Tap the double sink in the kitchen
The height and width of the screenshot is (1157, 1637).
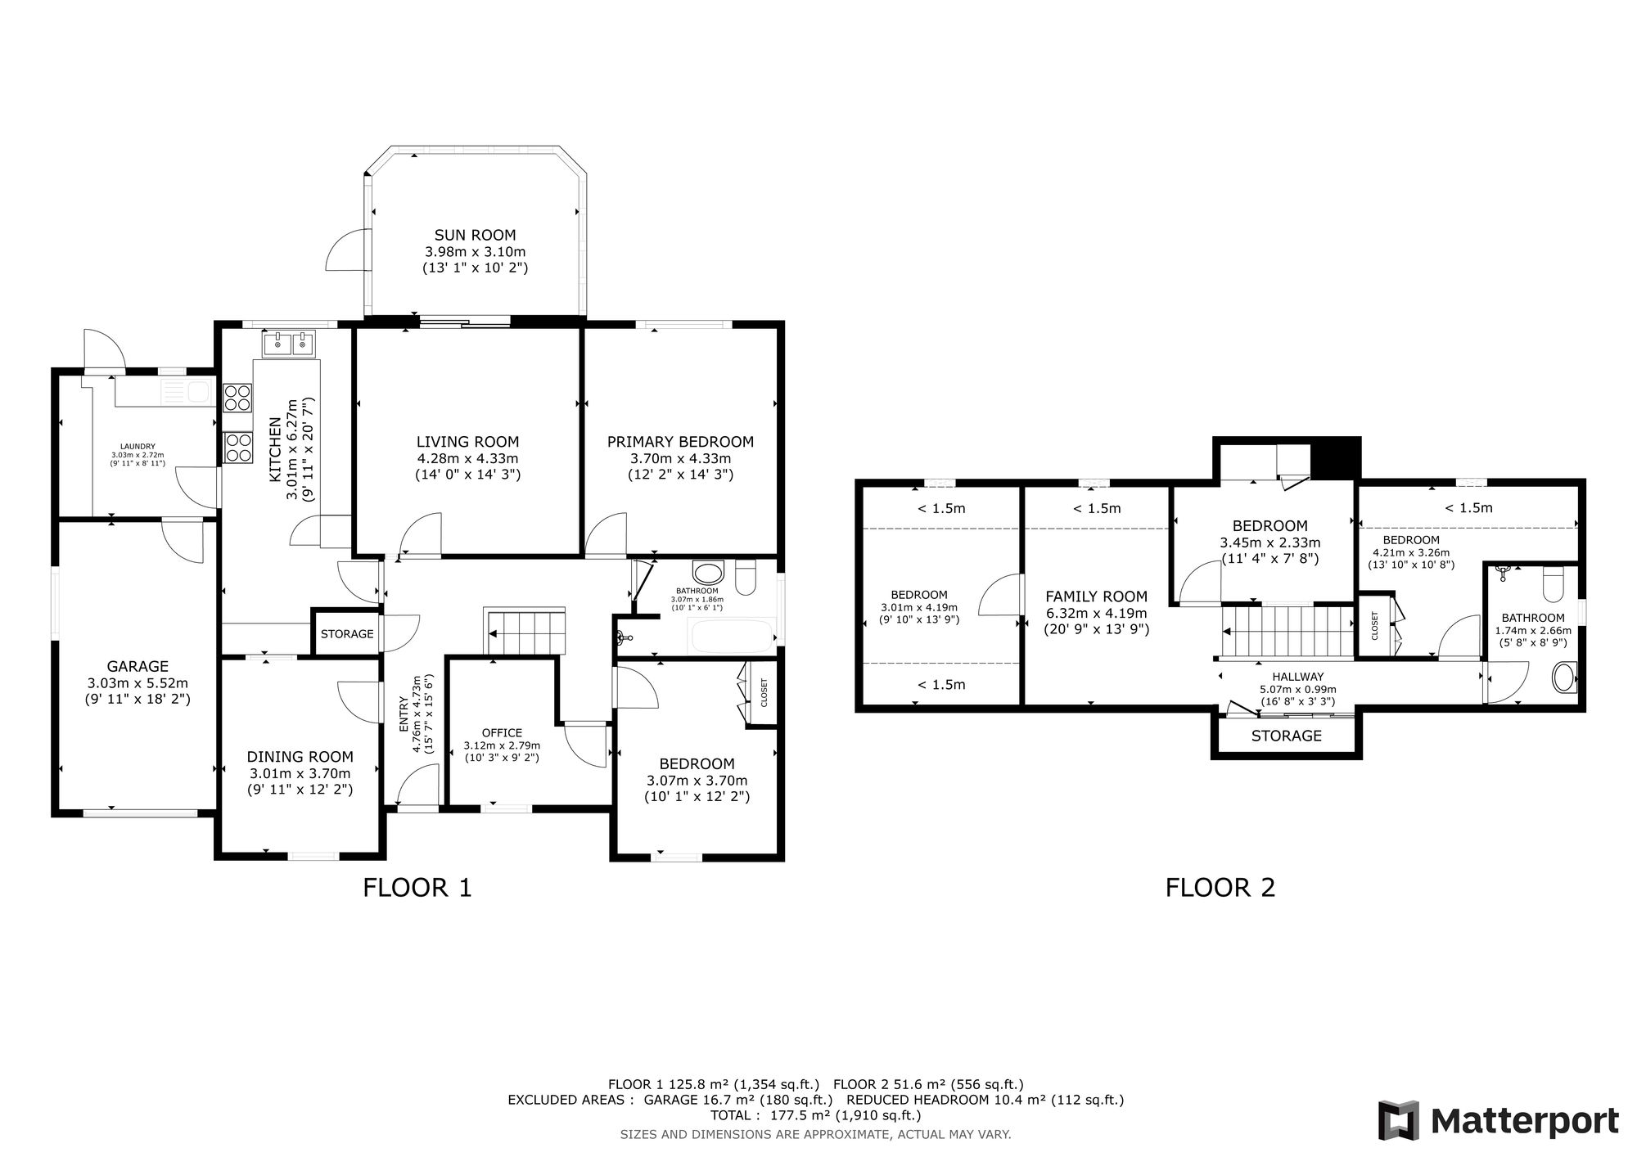click(289, 344)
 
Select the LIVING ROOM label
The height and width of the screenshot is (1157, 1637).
click(467, 442)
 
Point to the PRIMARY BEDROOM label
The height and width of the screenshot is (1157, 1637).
click(680, 442)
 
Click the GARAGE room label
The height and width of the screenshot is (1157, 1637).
click(138, 667)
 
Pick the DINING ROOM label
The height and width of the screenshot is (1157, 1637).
click(300, 757)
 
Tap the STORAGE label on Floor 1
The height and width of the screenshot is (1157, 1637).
click(347, 634)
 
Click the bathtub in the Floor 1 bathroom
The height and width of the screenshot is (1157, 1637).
click(733, 636)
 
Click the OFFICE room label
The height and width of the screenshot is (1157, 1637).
click(502, 733)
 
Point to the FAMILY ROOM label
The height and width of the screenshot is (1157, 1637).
click(1097, 597)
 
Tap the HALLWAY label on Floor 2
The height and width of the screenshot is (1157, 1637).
click(1297, 677)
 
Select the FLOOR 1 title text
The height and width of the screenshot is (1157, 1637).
click(417, 888)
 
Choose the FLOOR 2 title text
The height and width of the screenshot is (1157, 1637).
click(1220, 888)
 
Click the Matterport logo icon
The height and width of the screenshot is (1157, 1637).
click(1398, 1120)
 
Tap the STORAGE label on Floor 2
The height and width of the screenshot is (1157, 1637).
click(1287, 736)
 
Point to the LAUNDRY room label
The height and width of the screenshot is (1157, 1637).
click(138, 446)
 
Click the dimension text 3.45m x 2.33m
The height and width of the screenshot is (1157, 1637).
click(1269, 542)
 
